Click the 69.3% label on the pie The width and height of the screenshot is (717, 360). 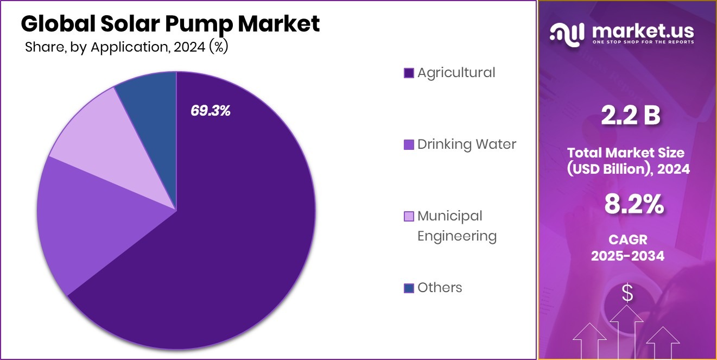point(211,111)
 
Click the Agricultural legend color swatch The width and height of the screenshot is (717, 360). point(409,73)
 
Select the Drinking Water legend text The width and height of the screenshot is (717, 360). point(466,144)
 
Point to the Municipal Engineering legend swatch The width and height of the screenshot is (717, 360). point(409,216)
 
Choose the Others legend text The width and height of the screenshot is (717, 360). point(440,288)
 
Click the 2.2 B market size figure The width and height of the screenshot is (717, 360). point(630,117)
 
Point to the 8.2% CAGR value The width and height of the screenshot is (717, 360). point(634,205)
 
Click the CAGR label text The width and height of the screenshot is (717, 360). point(627,239)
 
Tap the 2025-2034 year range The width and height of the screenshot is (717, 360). point(627,256)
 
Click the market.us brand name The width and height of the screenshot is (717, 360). point(643,30)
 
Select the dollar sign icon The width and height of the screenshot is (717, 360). point(627,293)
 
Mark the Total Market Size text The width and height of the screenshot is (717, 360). point(627,153)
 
